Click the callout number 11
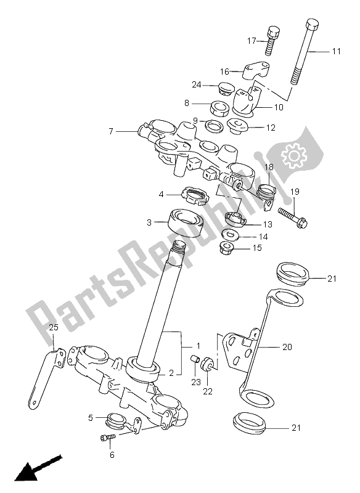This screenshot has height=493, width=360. tap(335, 52)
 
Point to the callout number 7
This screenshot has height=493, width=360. tap(112, 131)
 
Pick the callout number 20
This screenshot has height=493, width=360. tap(287, 347)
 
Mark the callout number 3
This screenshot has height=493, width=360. tap(149, 222)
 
